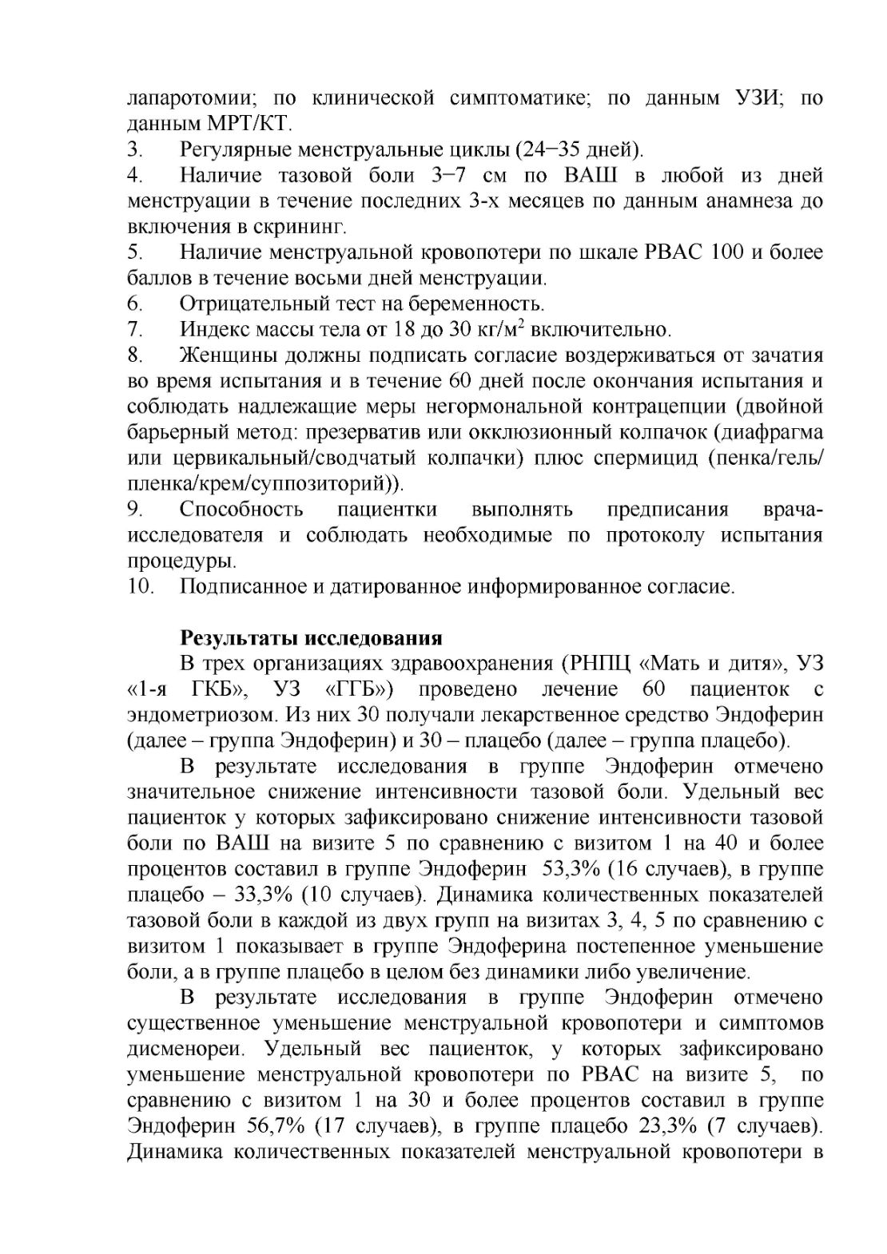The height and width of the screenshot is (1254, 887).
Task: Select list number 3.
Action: (135, 149)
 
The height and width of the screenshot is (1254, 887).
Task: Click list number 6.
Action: (135, 304)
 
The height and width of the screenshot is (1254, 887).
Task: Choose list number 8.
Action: (135, 354)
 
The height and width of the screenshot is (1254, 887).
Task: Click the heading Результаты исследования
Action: (311, 638)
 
